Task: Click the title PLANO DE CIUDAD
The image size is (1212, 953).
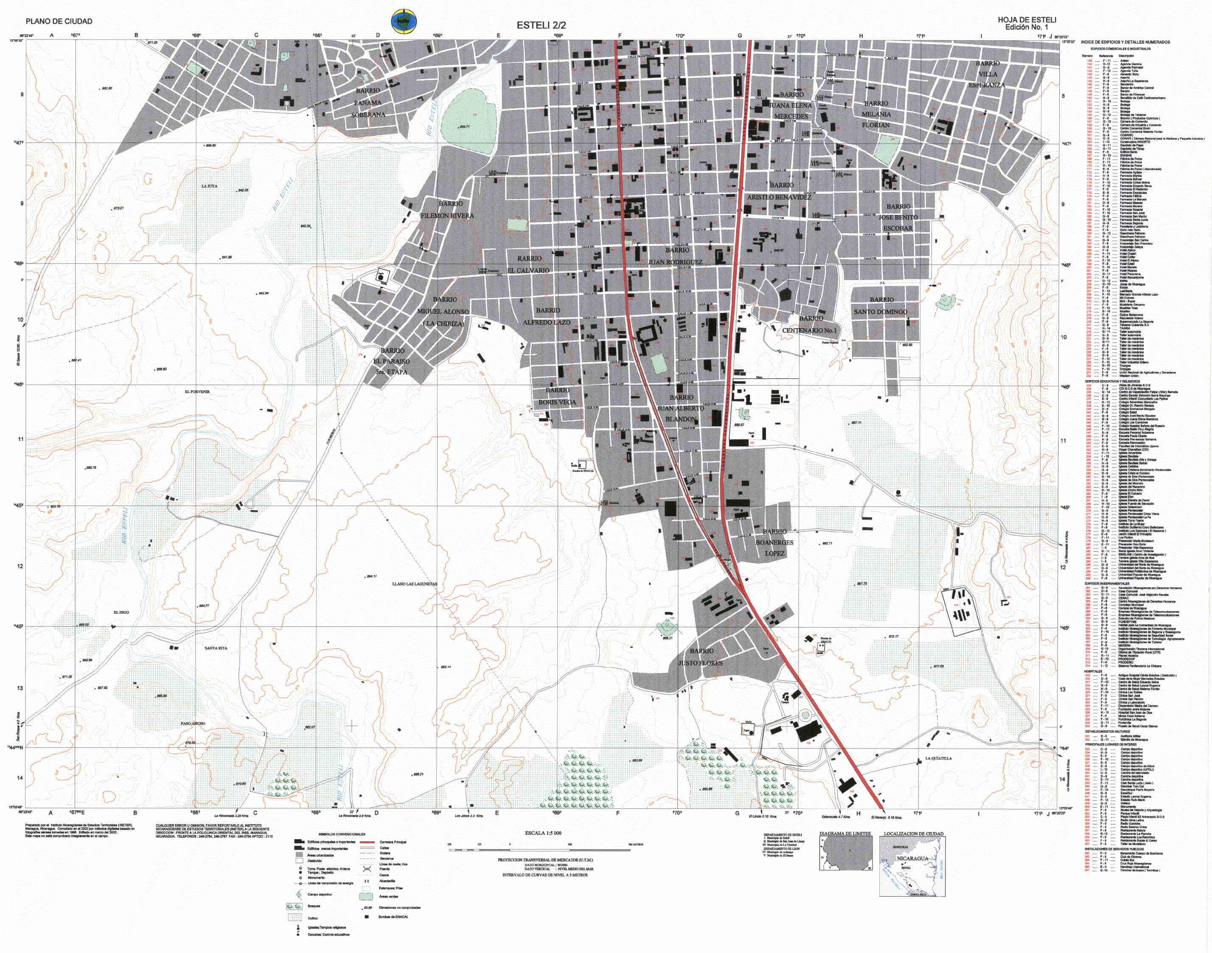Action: [x=59, y=21]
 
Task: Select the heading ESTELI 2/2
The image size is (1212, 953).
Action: [x=541, y=25]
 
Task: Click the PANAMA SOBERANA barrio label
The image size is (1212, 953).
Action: [x=368, y=103]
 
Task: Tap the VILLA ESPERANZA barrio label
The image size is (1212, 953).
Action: [x=987, y=74]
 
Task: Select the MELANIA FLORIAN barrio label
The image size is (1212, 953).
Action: [x=876, y=115]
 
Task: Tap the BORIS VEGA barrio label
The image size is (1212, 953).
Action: [x=557, y=396]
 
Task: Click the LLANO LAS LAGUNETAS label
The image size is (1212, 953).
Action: [x=415, y=584]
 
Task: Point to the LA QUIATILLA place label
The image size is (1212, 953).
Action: [x=938, y=758]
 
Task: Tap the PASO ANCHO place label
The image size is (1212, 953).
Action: [x=193, y=723]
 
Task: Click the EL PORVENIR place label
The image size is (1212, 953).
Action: [x=197, y=392]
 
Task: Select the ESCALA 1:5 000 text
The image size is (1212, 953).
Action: [x=543, y=833]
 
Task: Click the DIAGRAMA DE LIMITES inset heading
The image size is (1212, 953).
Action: [x=844, y=833]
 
